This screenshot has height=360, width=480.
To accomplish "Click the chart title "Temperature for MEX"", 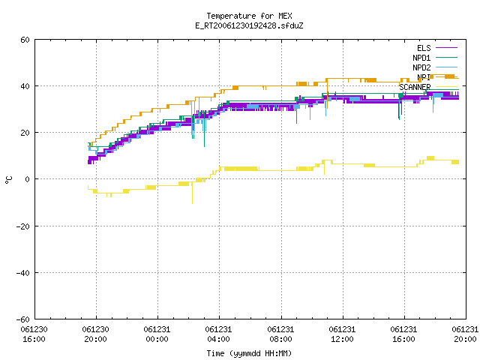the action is click(x=249, y=16).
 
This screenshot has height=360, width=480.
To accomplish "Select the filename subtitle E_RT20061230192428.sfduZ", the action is click(x=249, y=25).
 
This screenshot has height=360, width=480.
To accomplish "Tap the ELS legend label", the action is click(x=424, y=48).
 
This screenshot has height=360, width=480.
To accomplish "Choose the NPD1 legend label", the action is click(x=421, y=58).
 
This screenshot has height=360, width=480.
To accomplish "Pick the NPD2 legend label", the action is click(x=421, y=67).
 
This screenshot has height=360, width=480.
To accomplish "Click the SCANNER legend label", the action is click(x=415, y=87).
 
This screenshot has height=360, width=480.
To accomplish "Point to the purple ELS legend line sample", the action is click(x=446, y=48).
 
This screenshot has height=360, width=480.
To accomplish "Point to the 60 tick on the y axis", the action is click(x=25, y=40).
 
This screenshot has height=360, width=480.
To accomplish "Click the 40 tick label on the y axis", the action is click(x=25, y=86).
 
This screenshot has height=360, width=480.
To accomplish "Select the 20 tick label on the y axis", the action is click(x=25, y=133).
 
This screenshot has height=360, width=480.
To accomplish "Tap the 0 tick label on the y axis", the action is click(x=28, y=179).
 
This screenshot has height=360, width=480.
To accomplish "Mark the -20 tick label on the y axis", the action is click(x=23, y=226).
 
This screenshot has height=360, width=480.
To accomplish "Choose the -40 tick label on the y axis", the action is click(x=23, y=273).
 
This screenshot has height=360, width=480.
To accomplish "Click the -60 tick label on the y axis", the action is click(x=23, y=319).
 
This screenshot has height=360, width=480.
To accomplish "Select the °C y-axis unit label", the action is click(x=9, y=180).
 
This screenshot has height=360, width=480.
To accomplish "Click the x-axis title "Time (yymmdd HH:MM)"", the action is click(x=249, y=353).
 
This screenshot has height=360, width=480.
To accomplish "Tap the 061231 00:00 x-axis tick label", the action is click(x=157, y=334).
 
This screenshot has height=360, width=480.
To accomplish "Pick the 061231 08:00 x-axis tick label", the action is click(x=280, y=334).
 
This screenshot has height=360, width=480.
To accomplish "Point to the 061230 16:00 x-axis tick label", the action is click(x=34, y=334).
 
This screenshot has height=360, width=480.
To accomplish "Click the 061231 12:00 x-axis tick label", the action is click(x=342, y=334).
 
